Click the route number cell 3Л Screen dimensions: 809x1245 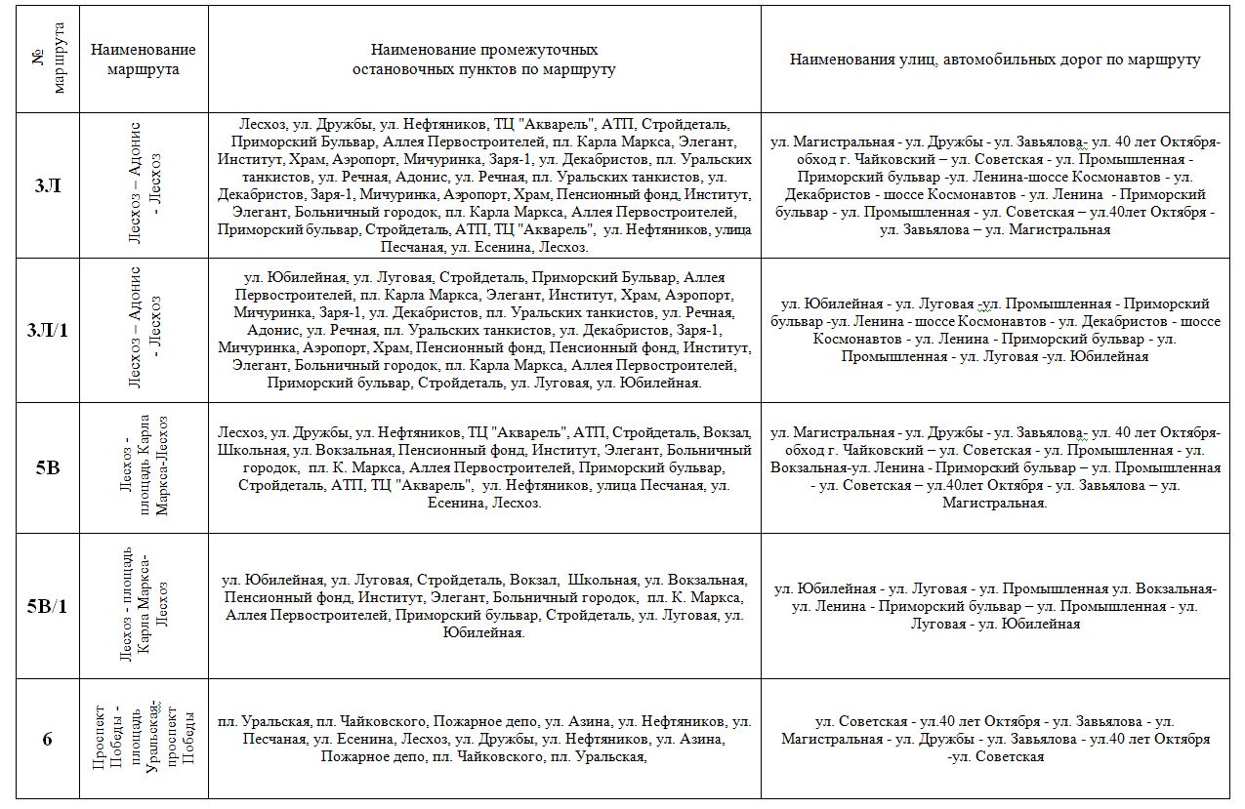pos(47,185)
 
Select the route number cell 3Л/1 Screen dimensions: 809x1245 pos(47,330)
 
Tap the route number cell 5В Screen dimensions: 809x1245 pos(47,467)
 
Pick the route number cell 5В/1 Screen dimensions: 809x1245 pos(47,606)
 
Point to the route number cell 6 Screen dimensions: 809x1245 pos(47,739)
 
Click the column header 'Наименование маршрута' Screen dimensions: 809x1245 pos(143,59)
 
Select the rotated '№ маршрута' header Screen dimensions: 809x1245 pos(47,59)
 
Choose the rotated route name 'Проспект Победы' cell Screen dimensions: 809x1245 pos(143,739)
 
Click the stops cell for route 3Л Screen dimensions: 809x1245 pos(484,185)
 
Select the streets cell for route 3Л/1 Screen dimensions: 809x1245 pos(995,330)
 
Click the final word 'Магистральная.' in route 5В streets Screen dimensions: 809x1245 pos(995,504)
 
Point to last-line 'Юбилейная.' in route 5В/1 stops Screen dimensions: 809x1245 pos(484,633)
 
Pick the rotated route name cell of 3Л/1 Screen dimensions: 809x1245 pos(143,330)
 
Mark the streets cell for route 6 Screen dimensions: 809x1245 pos(995,739)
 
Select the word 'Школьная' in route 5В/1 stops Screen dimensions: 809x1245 pos(602,581)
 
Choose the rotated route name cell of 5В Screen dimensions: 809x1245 pos(143,467)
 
